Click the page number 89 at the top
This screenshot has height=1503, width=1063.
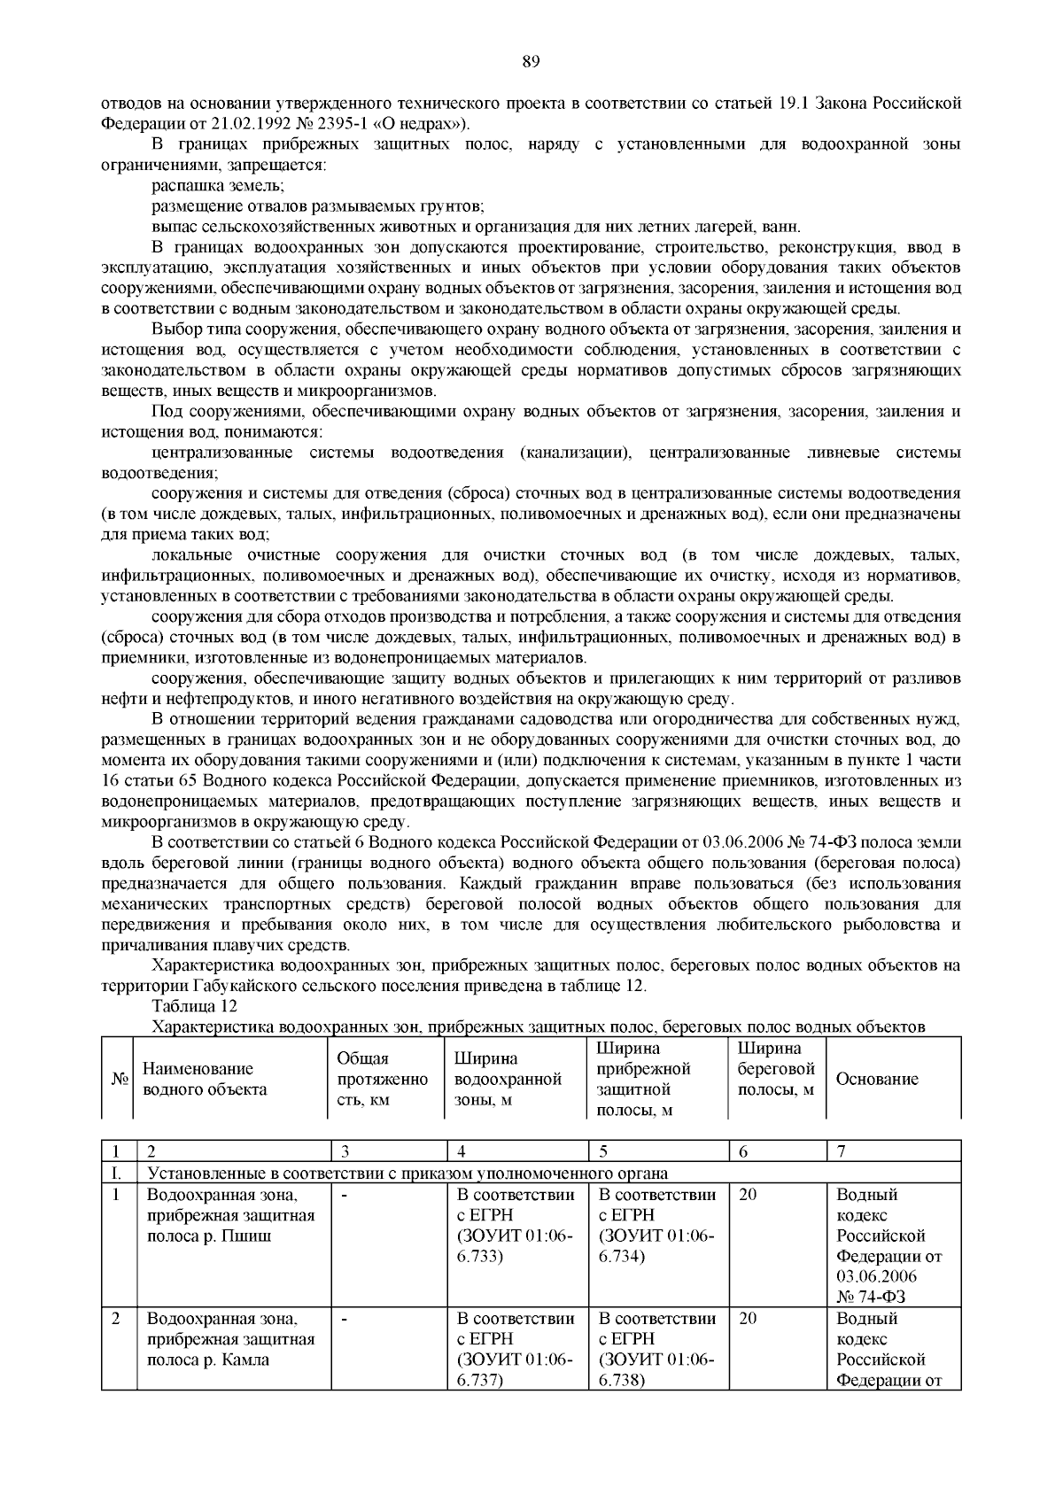click(531, 62)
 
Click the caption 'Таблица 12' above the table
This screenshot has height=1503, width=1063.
click(195, 1006)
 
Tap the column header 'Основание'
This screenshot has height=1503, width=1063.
click(877, 1079)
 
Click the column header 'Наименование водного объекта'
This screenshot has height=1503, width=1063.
click(205, 1079)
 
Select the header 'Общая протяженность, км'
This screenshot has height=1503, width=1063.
click(382, 1079)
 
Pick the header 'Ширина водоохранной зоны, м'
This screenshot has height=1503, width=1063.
click(508, 1079)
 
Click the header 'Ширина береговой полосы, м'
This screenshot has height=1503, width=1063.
click(775, 1069)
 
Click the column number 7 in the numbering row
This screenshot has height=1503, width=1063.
click(842, 1152)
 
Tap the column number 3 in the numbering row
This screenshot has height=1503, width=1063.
click(344, 1152)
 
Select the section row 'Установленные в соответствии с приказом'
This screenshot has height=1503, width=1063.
click(407, 1174)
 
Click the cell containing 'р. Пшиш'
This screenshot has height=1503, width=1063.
click(230, 1236)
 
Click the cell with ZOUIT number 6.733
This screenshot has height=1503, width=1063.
click(514, 1236)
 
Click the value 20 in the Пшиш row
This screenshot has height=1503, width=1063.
click(748, 1195)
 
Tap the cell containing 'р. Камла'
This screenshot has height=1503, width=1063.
click(230, 1360)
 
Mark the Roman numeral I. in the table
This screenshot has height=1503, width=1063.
click(115, 1174)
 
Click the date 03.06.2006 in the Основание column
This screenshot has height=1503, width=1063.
click(876, 1276)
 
